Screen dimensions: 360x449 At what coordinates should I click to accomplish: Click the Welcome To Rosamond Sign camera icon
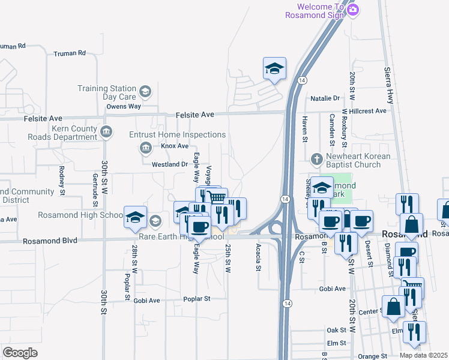point(353,9)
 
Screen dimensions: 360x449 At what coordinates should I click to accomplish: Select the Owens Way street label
point(123,106)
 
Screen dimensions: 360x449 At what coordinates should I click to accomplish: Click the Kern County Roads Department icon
point(106,131)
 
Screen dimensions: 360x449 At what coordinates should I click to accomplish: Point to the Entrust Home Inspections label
point(178,135)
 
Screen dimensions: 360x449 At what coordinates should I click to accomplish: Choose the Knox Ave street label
point(175,146)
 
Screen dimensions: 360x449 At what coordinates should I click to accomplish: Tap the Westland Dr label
point(170,164)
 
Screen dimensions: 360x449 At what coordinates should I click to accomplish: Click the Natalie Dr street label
point(324,98)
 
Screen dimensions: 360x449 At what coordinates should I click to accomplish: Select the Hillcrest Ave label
point(369,111)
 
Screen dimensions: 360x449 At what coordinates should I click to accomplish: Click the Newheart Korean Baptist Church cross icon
point(317,160)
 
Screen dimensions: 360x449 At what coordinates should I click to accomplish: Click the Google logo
point(20,352)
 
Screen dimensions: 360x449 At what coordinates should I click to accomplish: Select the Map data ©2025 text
point(423,355)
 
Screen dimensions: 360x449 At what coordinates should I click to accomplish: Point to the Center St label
point(370,311)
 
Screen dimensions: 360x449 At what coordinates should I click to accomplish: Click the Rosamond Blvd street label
point(50,241)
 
